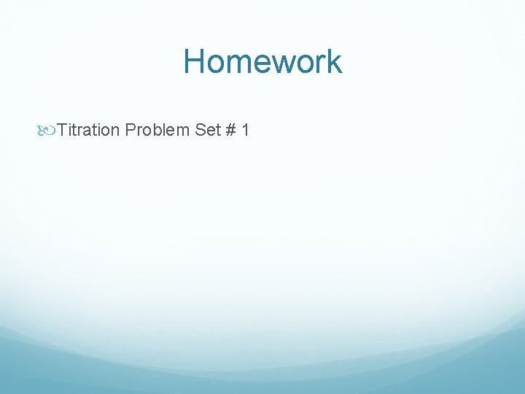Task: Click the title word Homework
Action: [x=262, y=61]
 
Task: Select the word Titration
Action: [x=88, y=131]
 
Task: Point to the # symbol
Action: [x=231, y=131]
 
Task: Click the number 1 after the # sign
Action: [x=246, y=131]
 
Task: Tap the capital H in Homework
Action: [x=195, y=61]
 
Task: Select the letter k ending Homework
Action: [x=334, y=61]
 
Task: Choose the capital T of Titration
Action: [x=62, y=131]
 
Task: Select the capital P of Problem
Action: [x=130, y=131]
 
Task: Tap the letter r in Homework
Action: [x=319, y=63]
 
